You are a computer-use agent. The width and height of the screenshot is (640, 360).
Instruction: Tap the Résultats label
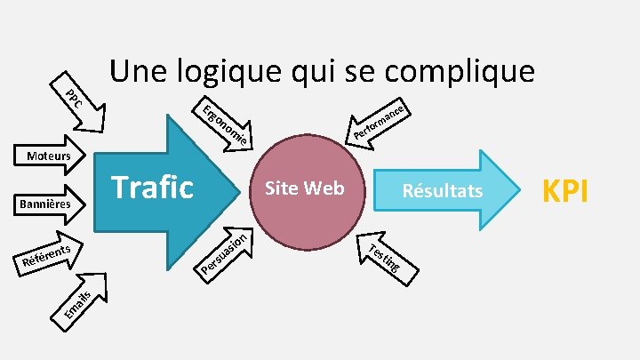pos(442,191)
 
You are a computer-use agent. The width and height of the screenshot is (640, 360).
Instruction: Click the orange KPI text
pos(565,190)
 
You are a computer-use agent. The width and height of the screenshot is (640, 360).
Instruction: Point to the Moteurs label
pos(49,156)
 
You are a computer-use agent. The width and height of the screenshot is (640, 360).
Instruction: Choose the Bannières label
pos(44,205)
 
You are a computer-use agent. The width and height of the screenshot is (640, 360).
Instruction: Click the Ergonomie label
pos(223,125)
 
